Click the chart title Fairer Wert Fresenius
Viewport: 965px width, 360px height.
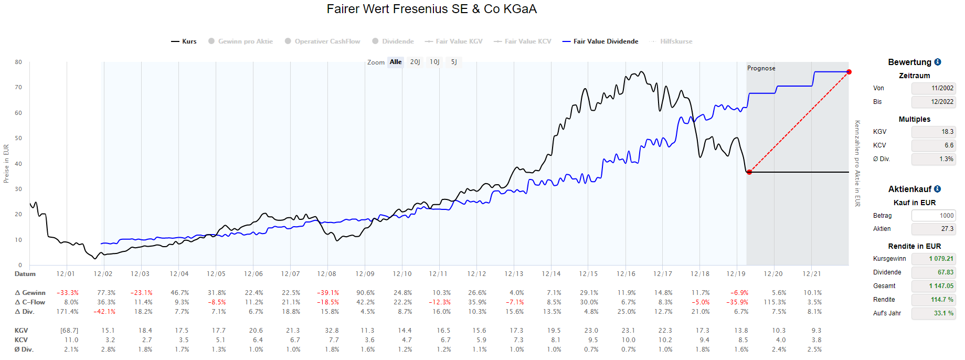[431, 9]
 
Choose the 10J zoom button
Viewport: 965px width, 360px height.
[434, 62]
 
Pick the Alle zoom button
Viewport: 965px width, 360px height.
[396, 62]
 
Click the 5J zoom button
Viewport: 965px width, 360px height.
[454, 62]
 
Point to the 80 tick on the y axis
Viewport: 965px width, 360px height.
[18, 62]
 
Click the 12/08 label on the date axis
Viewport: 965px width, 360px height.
[326, 274]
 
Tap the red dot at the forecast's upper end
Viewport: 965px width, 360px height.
[849, 72]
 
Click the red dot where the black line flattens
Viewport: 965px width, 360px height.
[749, 172]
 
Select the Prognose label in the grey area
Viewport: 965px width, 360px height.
[761, 68]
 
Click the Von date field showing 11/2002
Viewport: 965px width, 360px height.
[933, 88]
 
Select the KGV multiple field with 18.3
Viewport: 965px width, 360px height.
[933, 132]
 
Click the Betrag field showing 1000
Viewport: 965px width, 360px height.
[933, 216]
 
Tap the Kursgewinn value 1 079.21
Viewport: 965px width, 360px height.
[933, 259]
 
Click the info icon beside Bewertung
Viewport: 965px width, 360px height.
[938, 62]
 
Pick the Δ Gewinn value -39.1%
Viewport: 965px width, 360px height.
[328, 293]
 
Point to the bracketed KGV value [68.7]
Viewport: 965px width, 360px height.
[69, 331]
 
